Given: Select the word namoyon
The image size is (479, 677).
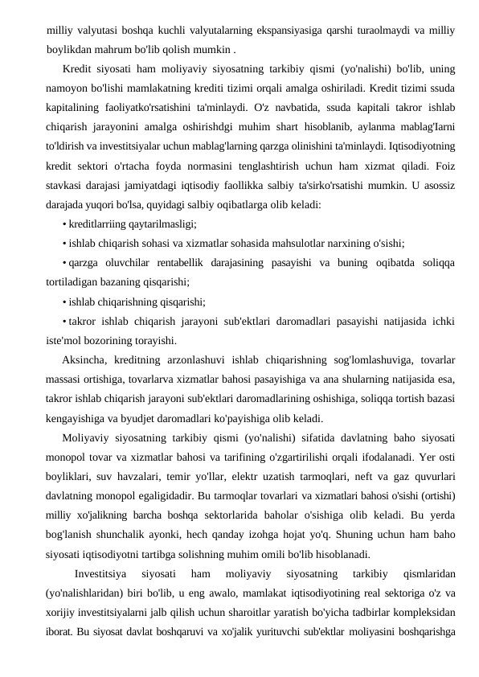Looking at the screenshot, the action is (x=69, y=83).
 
